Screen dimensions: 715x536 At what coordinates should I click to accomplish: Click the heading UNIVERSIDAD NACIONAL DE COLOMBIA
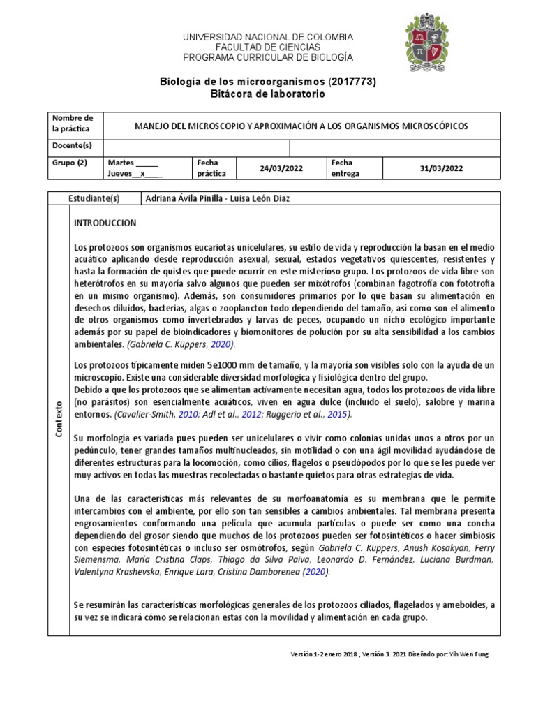pyautogui.click(x=267, y=36)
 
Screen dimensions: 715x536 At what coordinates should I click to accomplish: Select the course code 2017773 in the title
pyautogui.click(x=352, y=82)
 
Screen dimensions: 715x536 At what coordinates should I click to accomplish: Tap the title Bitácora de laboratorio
pyautogui.click(x=267, y=94)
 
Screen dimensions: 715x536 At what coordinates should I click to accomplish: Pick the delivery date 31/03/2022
pyautogui.click(x=441, y=168)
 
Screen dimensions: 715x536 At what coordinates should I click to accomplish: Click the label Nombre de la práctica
pyautogui.click(x=72, y=124)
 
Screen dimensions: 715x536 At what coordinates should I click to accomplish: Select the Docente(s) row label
pyautogui.click(x=72, y=145)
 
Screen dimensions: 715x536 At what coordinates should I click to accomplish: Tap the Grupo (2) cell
pyautogui.click(x=70, y=163)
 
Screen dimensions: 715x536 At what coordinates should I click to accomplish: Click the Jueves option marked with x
pyautogui.click(x=135, y=175)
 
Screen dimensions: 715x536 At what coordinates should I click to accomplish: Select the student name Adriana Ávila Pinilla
pyautogui.click(x=184, y=198)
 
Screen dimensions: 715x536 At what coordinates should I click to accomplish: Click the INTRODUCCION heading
pyautogui.click(x=105, y=223)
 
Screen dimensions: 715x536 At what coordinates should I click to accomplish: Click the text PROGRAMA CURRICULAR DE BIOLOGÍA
pyautogui.click(x=267, y=57)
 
